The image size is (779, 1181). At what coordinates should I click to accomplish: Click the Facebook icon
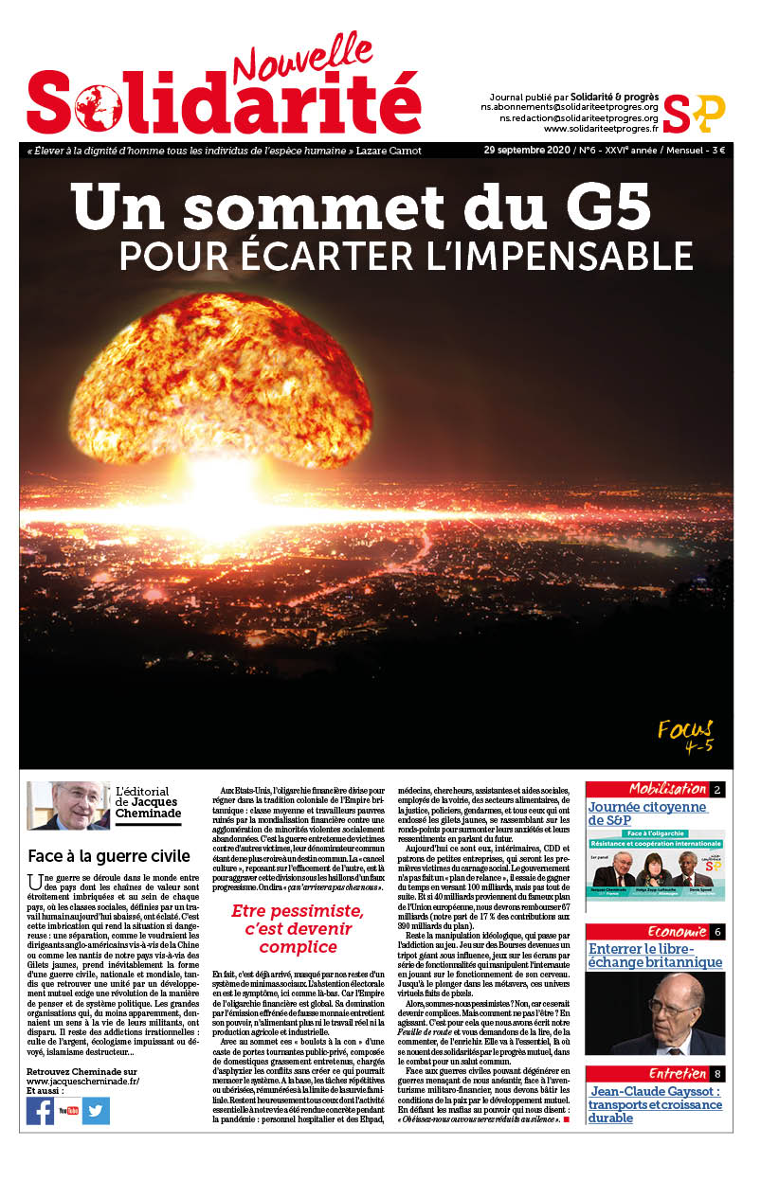click(41, 1110)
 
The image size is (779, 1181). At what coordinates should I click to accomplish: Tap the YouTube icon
click(68, 1110)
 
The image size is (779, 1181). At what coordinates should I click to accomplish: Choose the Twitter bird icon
click(96, 1110)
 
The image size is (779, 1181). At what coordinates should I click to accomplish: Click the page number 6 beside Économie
click(717, 932)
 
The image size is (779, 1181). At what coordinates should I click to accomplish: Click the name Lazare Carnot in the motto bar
click(390, 151)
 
